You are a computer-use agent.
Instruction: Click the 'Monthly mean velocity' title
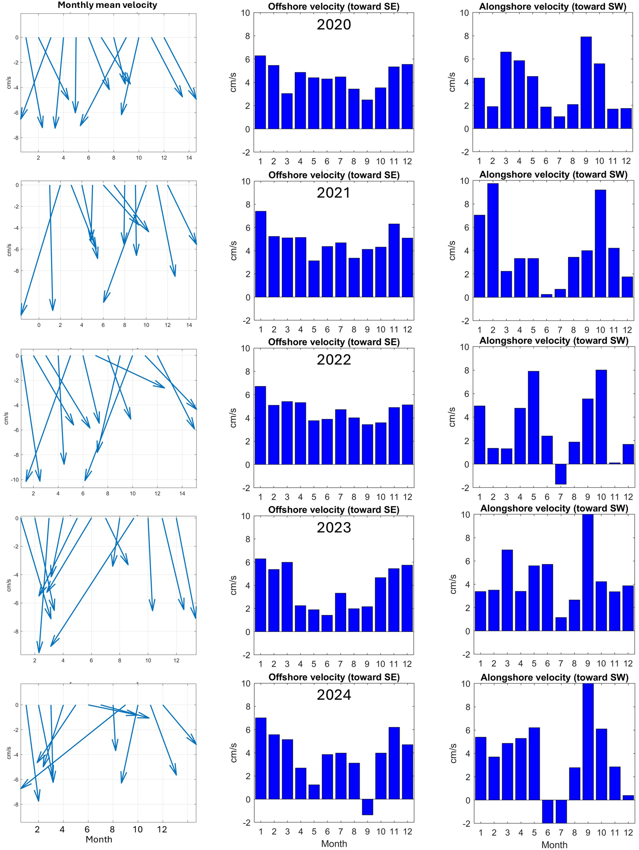[107, 5]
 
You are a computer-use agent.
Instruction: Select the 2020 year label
[334, 24]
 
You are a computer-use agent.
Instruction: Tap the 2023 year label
[334, 528]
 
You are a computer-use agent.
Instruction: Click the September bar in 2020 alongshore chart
[586, 83]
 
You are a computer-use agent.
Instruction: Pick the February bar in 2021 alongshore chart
[493, 240]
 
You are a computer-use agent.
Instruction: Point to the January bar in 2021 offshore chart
[260, 254]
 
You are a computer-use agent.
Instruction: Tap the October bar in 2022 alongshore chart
[601, 417]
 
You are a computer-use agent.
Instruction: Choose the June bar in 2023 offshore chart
[327, 623]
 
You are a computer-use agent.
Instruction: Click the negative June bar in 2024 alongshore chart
[547, 811]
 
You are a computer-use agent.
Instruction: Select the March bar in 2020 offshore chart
[287, 111]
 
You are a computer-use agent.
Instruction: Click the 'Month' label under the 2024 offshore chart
[334, 844]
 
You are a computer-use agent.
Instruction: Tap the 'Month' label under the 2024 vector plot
[99, 839]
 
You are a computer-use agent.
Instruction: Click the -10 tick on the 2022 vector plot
[15, 479]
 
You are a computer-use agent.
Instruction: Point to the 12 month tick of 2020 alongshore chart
[626, 161]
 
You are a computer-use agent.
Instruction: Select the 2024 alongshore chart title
[554, 678]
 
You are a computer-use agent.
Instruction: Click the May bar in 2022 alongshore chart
[533, 418]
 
